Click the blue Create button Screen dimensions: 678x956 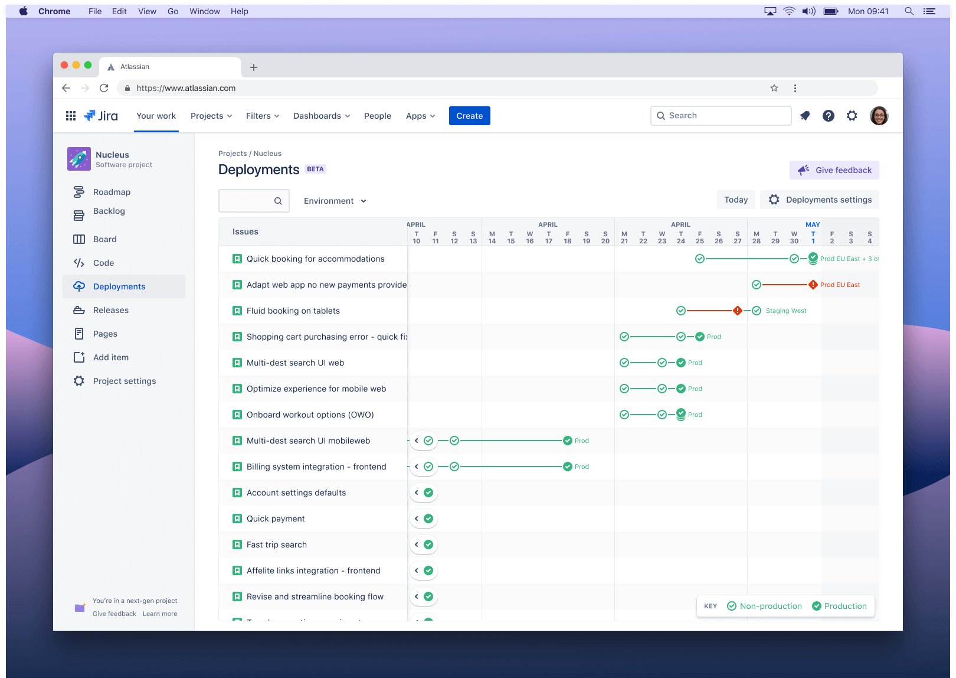click(469, 116)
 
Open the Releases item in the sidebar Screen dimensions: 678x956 click(110, 310)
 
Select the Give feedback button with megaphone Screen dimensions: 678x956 click(834, 170)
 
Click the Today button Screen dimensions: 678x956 click(735, 200)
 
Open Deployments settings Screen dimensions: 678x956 click(820, 200)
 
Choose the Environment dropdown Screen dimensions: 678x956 click(335, 201)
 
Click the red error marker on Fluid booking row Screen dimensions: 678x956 click(737, 311)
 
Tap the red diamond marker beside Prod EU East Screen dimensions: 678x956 click(813, 285)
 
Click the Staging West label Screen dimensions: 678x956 click(785, 311)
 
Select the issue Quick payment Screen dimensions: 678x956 click(276, 519)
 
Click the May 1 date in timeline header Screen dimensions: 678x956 click(813, 237)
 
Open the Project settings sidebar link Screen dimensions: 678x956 click(124, 381)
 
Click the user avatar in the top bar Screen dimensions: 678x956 click(879, 116)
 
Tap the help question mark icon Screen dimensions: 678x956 click(828, 116)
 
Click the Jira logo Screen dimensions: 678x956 click(101, 116)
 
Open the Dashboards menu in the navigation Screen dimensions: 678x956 click(321, 116)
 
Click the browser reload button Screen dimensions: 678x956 click(104, 88)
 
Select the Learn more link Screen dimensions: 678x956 click(159, 614)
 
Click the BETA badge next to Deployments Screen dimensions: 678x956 click(315, 169)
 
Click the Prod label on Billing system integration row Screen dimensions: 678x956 click(581, 467)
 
